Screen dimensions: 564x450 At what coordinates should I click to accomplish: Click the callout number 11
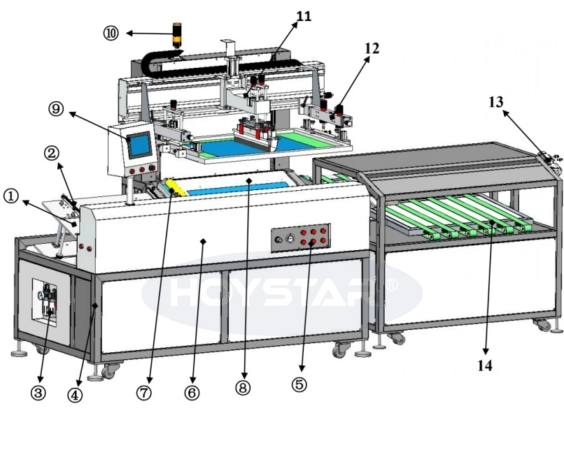coord(304,16)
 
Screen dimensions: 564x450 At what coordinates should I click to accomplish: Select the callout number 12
coord(372,48)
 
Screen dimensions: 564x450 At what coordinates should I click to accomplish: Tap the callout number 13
coord(495,102)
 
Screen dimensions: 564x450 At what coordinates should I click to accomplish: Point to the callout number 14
coord(484,365)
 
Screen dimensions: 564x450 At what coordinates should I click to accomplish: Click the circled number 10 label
coord(111,34)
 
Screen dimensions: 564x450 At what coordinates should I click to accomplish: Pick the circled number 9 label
coord(56,108)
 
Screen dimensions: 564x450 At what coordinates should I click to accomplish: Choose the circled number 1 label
coord(10,196)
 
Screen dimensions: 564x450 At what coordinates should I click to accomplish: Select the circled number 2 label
coord(52,154)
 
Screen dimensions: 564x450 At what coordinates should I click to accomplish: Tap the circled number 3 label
coord(38,393)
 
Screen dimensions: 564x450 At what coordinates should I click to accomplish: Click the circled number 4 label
coord(75,395)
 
